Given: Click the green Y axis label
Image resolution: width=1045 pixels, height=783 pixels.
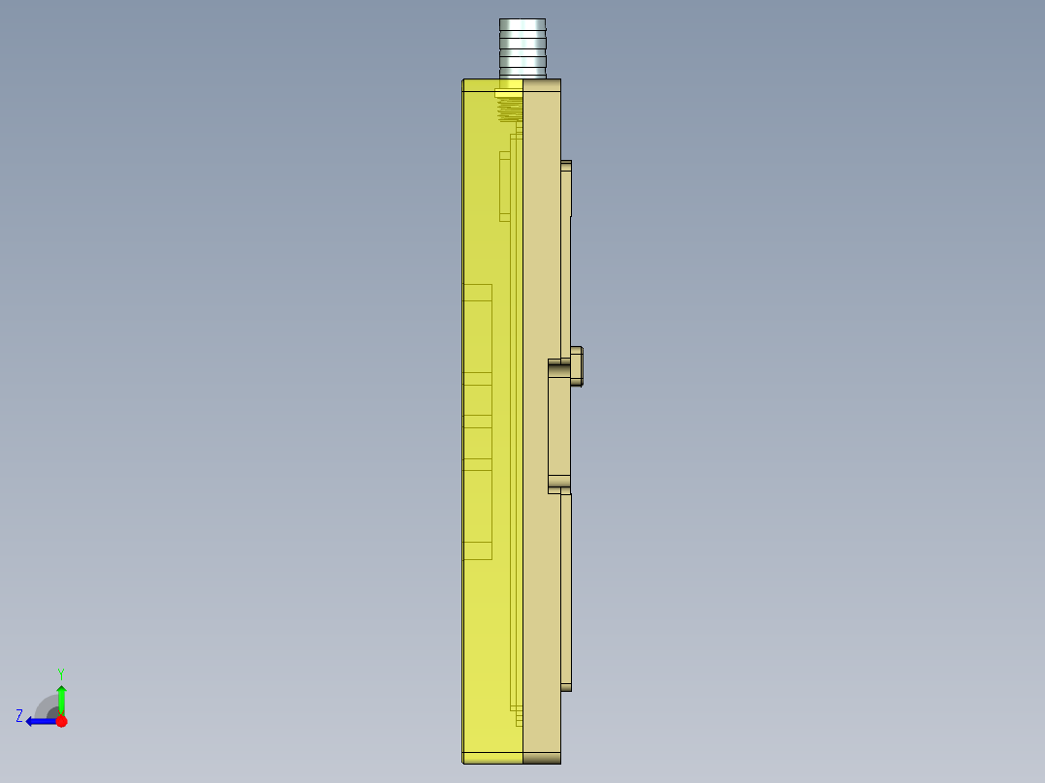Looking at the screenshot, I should click(60, 673).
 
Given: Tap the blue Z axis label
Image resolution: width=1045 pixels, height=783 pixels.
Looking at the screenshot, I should click(19, 716).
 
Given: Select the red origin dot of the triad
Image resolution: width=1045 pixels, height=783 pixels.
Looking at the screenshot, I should click(61, 721).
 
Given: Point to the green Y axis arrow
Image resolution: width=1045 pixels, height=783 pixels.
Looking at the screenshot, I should click(61, 698).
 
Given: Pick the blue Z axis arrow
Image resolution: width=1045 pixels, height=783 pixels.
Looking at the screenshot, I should click(41, 721).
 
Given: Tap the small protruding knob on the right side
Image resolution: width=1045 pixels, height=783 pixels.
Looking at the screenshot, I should click(576, 365).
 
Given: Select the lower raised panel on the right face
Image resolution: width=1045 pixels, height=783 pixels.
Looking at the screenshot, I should click(566, 591).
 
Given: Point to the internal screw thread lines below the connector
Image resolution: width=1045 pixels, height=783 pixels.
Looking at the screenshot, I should click(509, 109).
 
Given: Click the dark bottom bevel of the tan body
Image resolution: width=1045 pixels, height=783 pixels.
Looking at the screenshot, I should click(542, 758).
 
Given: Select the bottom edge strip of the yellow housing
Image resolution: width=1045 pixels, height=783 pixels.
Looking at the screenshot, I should click(492, 757).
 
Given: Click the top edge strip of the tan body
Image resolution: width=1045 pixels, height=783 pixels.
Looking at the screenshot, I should click(542, 85).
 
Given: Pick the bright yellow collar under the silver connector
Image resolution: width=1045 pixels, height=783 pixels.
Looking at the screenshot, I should click(508, 93).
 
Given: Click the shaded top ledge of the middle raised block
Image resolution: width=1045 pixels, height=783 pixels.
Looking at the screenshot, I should click(559, 363).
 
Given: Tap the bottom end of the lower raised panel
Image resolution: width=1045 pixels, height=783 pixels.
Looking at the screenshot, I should click(566, 687).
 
